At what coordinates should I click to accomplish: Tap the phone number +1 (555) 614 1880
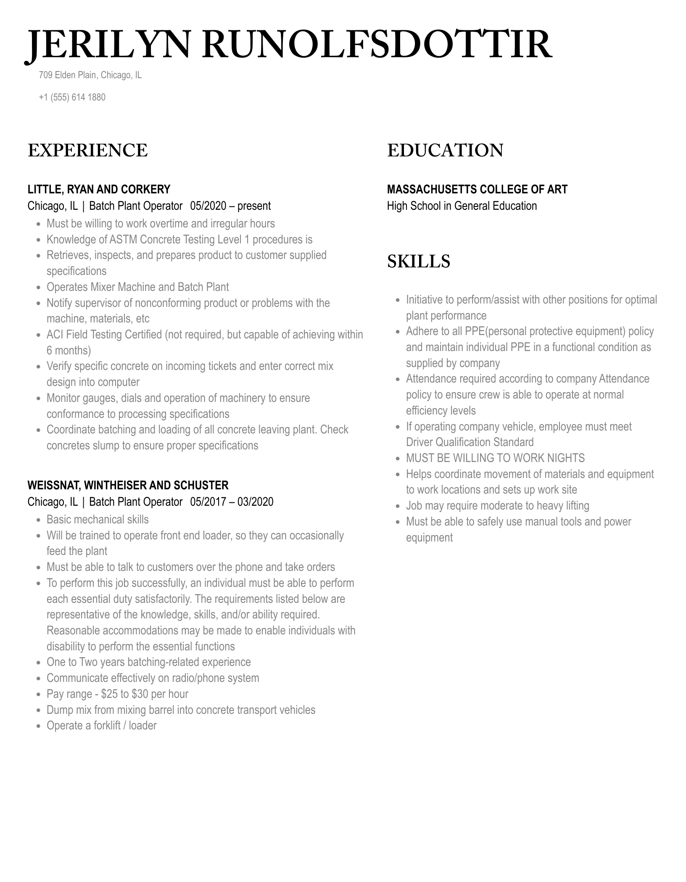(72, 98)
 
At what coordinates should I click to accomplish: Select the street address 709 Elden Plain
(68, 75)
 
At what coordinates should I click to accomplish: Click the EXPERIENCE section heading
(87, 151)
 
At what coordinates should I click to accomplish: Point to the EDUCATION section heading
(445, 151)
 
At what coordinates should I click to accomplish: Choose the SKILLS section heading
(418, 261)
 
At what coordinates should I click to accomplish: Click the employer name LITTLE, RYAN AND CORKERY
(99, 189)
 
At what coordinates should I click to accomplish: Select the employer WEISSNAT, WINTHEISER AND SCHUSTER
(128, 485)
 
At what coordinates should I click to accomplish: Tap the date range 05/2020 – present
(230, 206)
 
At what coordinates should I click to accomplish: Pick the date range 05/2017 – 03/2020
(232, 502)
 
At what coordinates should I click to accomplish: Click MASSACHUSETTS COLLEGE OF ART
(477, 189)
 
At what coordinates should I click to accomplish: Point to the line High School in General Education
(462, 206)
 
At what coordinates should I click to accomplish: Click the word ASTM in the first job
(123, 240)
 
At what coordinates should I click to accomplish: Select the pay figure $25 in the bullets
(109, 694)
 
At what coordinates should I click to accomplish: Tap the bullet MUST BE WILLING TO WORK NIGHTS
(495, 458)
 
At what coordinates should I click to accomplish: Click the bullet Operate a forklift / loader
(101, 726)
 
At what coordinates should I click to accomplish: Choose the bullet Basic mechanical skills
(98, 520)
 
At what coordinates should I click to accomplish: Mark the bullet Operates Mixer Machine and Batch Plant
(137, 287)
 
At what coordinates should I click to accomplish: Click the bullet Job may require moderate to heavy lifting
(497, 506)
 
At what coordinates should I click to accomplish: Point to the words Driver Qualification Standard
(470, 442)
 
